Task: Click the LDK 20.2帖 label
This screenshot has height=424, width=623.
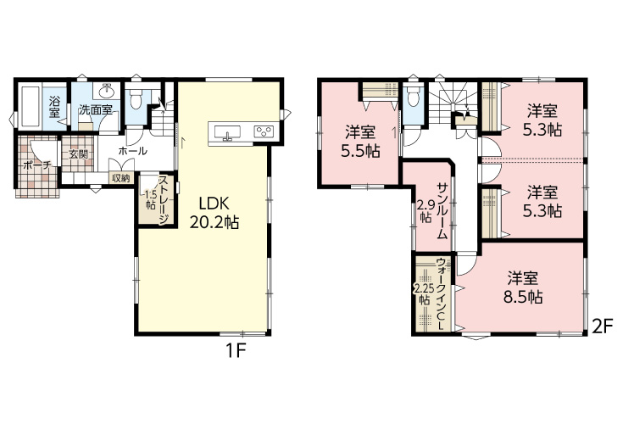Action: (x=214, y=213)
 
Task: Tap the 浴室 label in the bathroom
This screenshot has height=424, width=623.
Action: (x=54, y=107)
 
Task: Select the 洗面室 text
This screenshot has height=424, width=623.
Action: (x=95, y=109)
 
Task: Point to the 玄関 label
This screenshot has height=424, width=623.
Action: (x=78, y=154)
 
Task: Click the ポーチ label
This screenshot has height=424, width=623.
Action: (x=36, y=165)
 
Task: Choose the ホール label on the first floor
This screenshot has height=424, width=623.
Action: (x=133, y=151)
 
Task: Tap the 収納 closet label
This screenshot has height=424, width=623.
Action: (x=120, y=178)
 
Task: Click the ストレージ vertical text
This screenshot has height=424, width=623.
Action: (x=164, y=200)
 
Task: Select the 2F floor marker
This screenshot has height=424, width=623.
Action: (x=600, y=327)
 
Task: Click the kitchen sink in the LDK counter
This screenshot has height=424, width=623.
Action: (x=227, y=132)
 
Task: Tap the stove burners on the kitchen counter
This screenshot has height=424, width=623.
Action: (x=264, y=131)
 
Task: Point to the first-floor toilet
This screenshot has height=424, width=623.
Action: (x=135, y=97)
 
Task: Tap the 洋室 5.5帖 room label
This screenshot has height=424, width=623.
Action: (x=360, y=141)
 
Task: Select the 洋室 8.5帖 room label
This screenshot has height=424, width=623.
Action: (x=523, y=287)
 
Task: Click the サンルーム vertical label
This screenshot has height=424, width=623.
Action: (x=442, y=210)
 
